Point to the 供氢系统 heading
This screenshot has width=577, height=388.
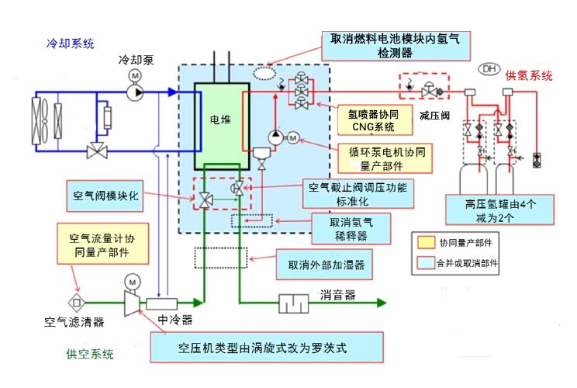[529, 75]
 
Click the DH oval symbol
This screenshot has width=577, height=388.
[490, 69]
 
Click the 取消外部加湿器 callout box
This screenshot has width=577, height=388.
[327, 265]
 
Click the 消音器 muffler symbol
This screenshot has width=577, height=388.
[294, 302]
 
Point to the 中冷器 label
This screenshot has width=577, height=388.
[175, 318]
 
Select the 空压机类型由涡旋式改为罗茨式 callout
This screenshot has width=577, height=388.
[267, 347]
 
